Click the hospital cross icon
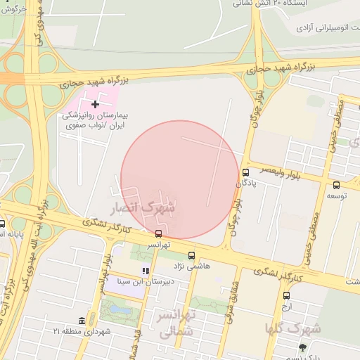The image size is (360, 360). [x=96, y=104]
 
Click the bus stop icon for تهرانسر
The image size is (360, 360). [x=158, y=233]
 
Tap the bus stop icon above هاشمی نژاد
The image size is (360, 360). [x=192, y=256]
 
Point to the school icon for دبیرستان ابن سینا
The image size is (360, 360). [x=146, y=271]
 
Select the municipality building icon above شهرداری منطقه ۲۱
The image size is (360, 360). [x=82, y=321]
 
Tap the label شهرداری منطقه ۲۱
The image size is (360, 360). [x=82, y=331]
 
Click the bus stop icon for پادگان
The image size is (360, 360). [x=245, y=172]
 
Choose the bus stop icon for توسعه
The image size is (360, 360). [x=336, y=185]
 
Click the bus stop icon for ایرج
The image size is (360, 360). [x=286, y=295]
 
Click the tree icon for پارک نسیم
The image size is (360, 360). [x=302, y=347]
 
